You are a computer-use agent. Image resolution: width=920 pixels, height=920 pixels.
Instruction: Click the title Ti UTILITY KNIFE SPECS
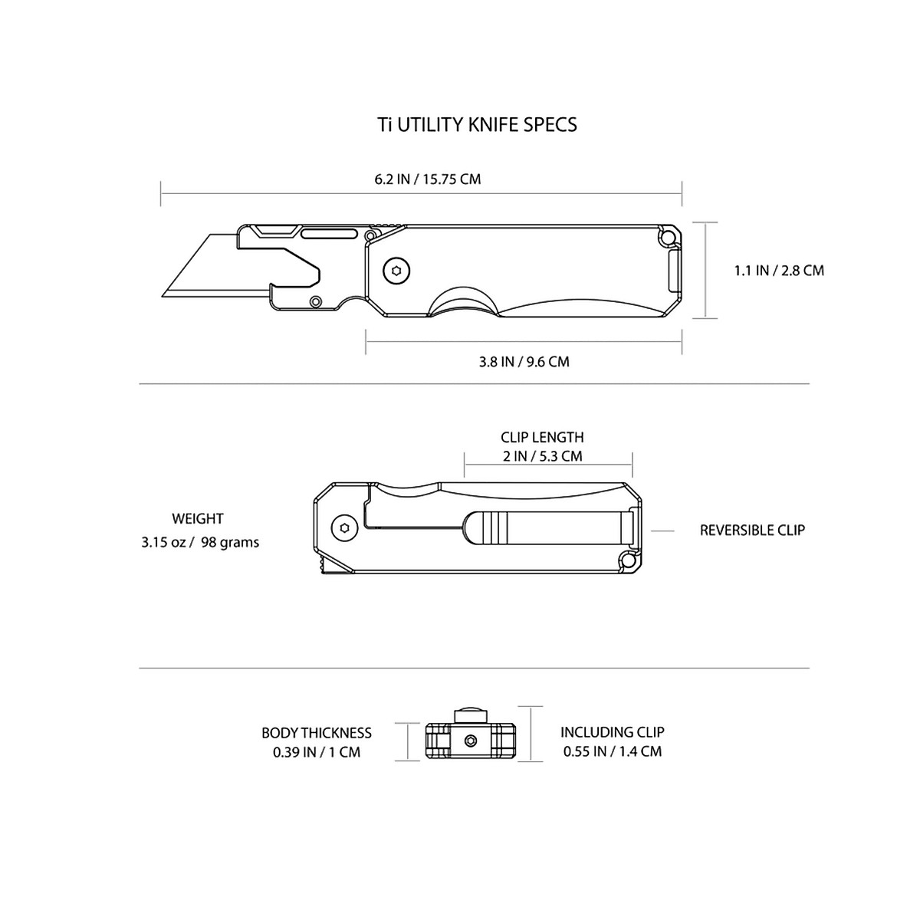(477, 124)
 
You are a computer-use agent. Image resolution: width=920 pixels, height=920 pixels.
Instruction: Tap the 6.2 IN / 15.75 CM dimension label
(427, 179)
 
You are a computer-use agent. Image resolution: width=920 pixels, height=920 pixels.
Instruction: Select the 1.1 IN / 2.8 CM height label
(779, 270)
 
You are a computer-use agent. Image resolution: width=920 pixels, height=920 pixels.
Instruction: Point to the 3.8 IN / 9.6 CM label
(524, 362)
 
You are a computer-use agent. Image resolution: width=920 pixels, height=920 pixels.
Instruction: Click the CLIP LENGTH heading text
(542, 437)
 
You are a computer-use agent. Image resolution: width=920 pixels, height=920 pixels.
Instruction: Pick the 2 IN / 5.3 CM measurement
(542, 456)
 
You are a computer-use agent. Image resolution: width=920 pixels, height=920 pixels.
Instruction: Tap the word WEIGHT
(198, 519)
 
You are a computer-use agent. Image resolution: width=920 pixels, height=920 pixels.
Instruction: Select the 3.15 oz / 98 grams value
(200, 543)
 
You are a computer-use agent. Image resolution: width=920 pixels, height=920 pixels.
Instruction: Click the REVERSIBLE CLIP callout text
(752, 530)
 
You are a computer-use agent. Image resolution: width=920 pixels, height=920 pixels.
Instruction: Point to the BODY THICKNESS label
(316, 733)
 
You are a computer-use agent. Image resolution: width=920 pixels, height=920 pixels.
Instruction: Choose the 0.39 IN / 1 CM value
(316, 752)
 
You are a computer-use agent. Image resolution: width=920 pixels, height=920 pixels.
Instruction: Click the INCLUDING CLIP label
(612, 732)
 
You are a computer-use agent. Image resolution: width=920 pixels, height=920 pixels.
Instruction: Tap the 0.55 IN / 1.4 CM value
(612, 751)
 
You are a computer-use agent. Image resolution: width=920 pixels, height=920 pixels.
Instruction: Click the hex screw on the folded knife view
(344, 528)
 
